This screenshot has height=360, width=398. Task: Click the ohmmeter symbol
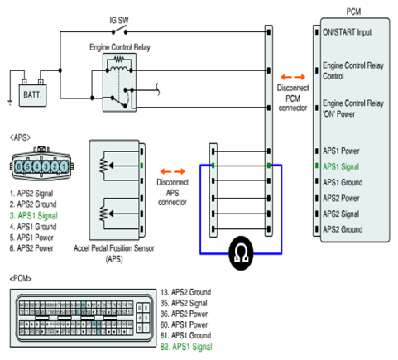pyautogui.click(x=241, y=253)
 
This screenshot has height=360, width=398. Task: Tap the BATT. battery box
pyautogui.click(x=32, y=95)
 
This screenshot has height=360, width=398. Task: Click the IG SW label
pyautogui.click(x=119, y=20)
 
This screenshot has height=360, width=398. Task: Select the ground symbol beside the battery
pyautogui.click(x=10, y=103)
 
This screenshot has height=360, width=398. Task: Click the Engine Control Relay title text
pyautogui.click(x=120, y=47)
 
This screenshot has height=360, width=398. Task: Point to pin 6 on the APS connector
pyautogui.click(x=19, y=166)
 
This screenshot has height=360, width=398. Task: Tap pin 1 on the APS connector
pyautogui.click(x=64, y=166)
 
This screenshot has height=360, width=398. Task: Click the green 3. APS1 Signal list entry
pyautogui.click(x=34, y=215)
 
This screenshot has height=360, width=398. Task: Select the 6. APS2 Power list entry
pyautogui.click(x=31, y=248)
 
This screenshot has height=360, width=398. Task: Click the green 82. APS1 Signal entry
pyautogui.click(x=186, y=347)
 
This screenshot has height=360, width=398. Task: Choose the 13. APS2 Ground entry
pyautogui.click(x=185, y=292)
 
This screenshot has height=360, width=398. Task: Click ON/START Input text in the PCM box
pyautogui.click(x=348, y=32)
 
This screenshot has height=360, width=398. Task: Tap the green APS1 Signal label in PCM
pyautogui.click(x=341, y=166)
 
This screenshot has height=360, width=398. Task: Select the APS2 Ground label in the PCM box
pyautogui.click(x=343, y=229)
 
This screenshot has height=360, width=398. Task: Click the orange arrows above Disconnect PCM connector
pyautogui.click(x=293, y=77)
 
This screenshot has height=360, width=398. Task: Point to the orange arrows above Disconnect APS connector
pyautogui.click(x=173, y=171)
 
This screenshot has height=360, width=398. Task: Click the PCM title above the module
pyautogui.click(x=353, y=12)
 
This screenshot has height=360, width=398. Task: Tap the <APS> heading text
pyautogui.click(x=20, y=137)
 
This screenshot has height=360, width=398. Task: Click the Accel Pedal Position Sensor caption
pyautogui.click(x=114, y=253)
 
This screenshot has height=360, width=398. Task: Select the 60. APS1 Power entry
pyautogui.click(x=184, y=324)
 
